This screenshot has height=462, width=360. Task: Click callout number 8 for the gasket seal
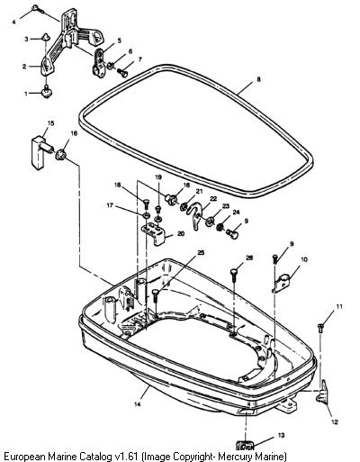(x=258, y=79)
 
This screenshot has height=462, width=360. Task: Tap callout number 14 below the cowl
(x=137, y=404)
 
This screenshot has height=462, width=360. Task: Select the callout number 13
(x=281, y=435)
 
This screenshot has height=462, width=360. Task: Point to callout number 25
(x=201, y=252)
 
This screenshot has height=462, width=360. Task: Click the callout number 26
(x=249, y=258)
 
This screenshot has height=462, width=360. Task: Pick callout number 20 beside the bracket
(x=181, y=233)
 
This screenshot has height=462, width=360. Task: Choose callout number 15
(x=50, y=123)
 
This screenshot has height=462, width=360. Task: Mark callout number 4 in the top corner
(x=13, y=22)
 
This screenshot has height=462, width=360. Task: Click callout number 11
(x=339, y=306)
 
